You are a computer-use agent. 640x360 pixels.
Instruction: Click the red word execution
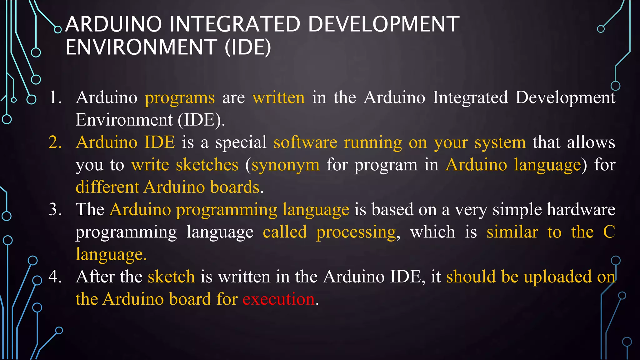278,299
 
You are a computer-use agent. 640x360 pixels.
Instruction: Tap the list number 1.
55,97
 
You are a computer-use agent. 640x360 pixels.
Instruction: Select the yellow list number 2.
55,142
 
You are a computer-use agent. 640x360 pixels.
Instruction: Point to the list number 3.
55,209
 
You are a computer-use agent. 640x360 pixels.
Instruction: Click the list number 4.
55,277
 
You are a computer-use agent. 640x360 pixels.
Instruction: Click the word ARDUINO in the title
113,24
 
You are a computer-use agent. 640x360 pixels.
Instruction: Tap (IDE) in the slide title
248,47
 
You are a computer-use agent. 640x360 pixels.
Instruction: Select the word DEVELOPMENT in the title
384,24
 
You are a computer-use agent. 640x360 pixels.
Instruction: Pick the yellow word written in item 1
278,97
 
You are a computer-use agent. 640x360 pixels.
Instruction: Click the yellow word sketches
207,165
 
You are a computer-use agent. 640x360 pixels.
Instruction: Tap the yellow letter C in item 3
609,232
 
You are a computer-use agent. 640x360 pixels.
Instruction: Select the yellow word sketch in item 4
171,277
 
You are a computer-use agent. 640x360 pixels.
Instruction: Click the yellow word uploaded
557,277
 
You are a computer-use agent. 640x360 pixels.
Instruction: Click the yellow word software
305,142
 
